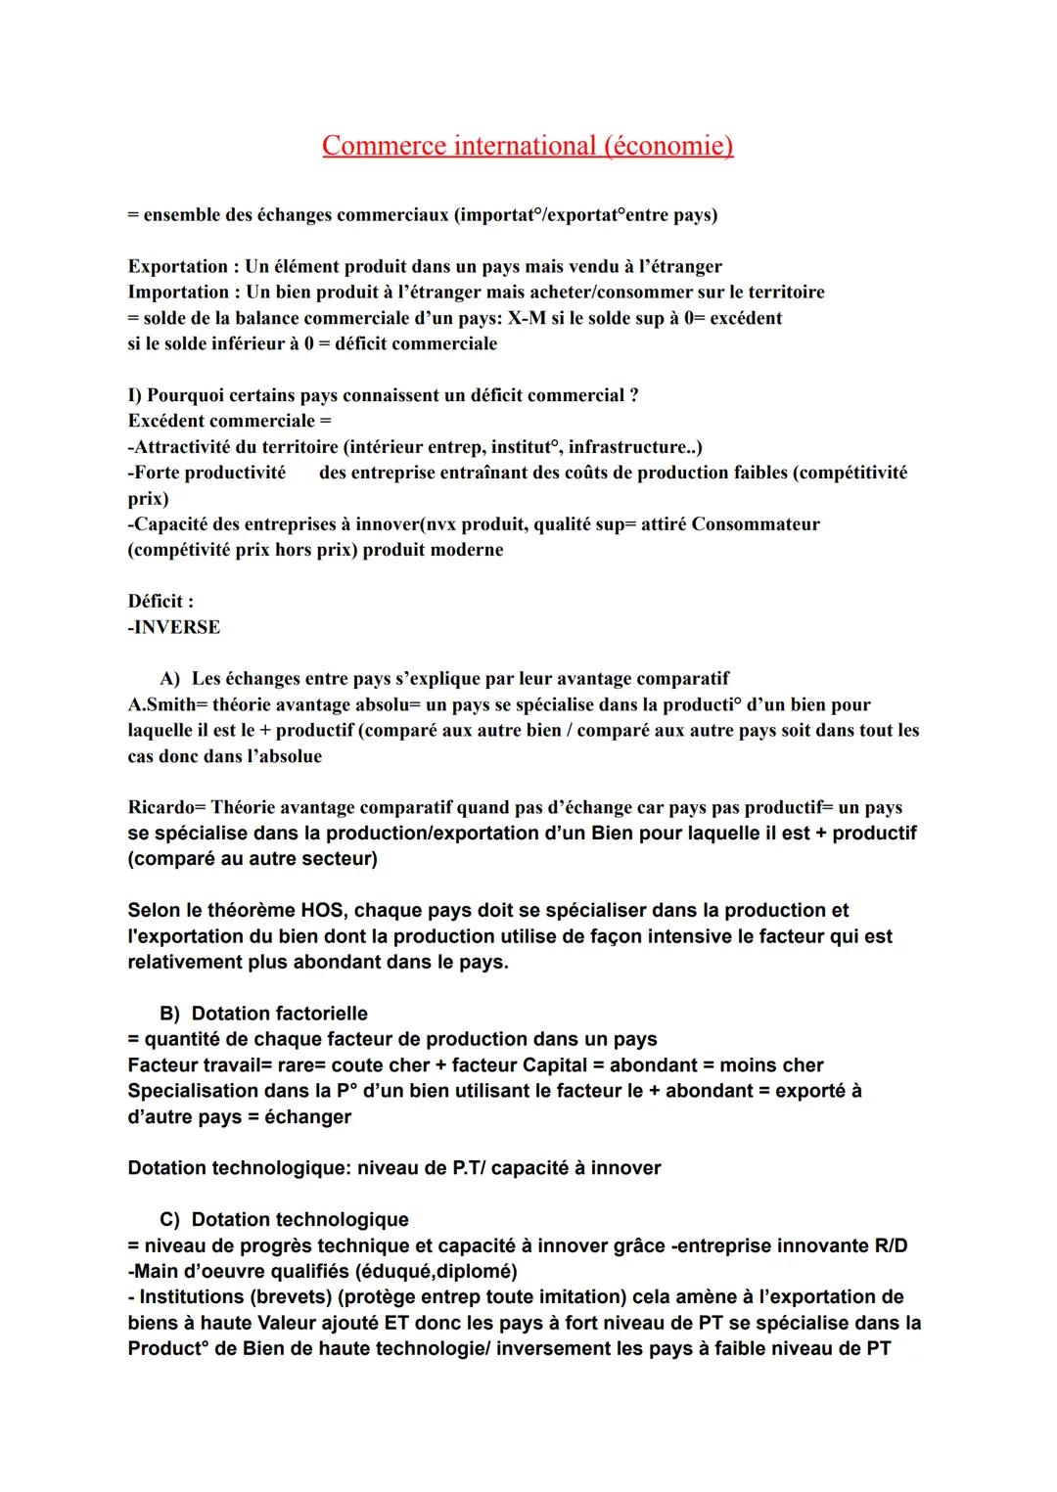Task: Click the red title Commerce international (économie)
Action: click(x=528, y=146)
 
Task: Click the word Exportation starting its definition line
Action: click(x=177, y=266)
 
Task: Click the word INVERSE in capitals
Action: click(x=176, y=627)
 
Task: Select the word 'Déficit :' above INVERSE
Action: click(x=161, y=601)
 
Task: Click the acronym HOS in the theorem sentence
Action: click(x=322, y=910)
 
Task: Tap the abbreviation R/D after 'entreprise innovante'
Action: click(x=887, y=1245)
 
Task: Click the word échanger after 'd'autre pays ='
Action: click(x=307, y=1116)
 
